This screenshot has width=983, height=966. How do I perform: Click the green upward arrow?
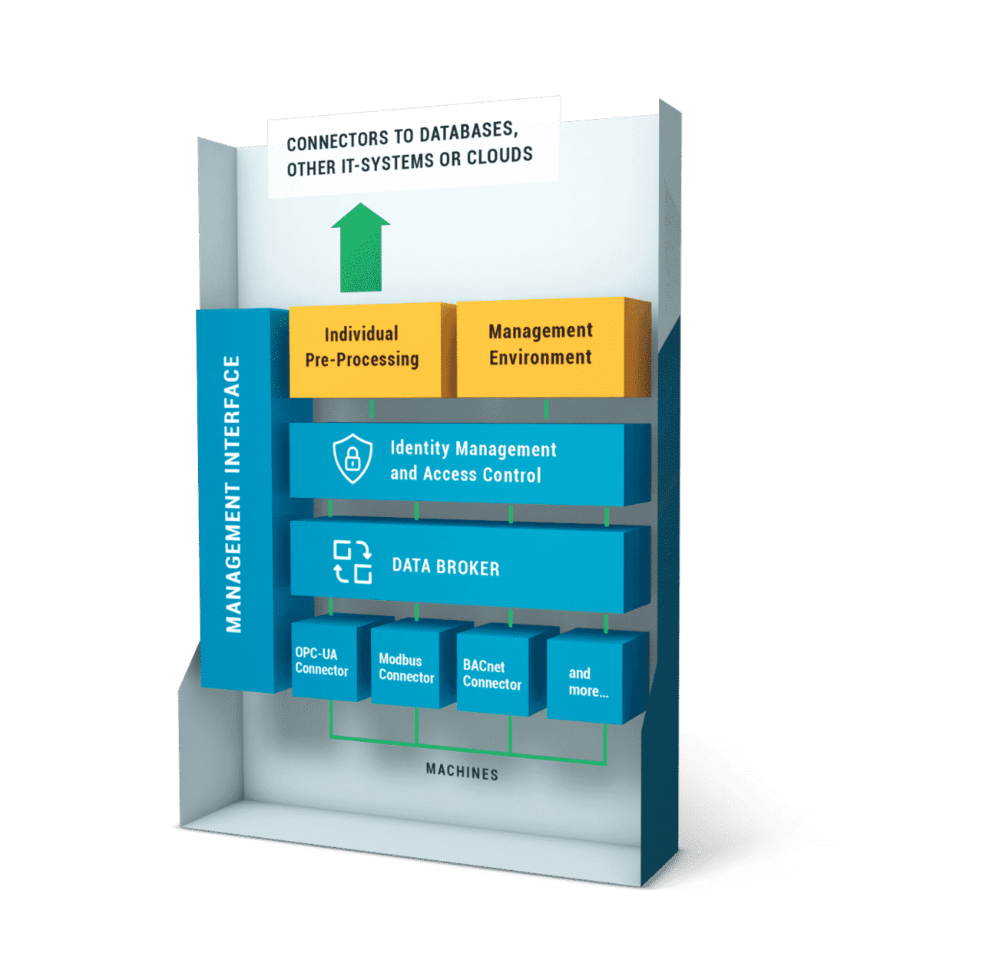pyautogui.click(x=361, y=248)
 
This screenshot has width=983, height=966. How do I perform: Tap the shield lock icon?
pyautogui.click(x=352, y=458)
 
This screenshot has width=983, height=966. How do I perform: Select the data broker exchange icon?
pyautogui.click(x=352, y=562)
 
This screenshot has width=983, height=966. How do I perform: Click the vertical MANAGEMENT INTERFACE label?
pyautogui.click(x=233, y=494)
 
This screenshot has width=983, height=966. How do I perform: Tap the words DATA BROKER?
pyautogui.click(x=446, y=567)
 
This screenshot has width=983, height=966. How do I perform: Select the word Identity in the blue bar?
pyautogui.click(x=420, y=448)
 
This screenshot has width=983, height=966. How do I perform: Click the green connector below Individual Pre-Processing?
pyautogui.click(x=372, y=409)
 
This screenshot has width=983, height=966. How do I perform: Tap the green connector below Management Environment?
pyautogui.click(x=546, y=409)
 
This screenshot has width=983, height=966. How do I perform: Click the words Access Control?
pyautogui.click(x=482, y=474)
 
